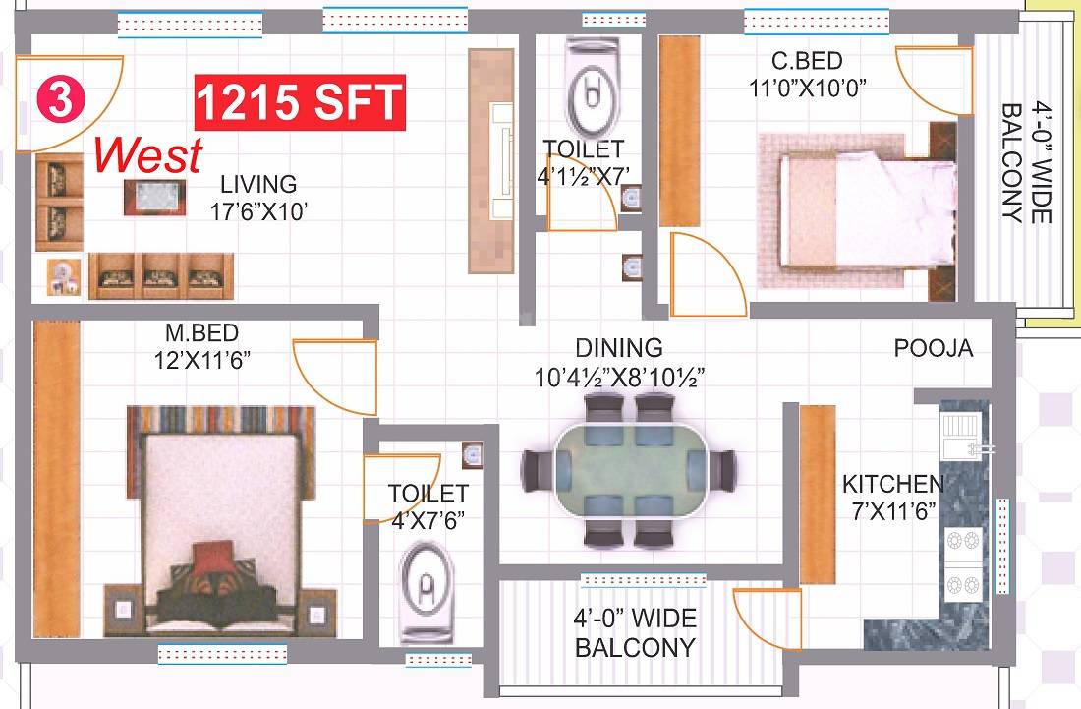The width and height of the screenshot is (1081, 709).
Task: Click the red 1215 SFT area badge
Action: pyautogui.click(x=301, y=101)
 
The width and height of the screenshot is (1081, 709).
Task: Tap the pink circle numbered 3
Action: pyautogui.click(x=61, y=101)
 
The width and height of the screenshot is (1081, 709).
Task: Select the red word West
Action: pyautogui.click(x=149, y=154)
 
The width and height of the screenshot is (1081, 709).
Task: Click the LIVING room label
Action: pyautogui.click(x=257, y=184)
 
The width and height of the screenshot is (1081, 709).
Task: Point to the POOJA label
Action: pyautogui.click(x=933, y=348)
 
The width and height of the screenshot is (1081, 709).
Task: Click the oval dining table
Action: pyautogui.click(x=629, y=468)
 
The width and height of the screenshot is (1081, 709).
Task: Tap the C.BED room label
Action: pyautogui.click(x=807, y=61)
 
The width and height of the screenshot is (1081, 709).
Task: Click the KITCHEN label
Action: pyautogui.click(x=892, y=484)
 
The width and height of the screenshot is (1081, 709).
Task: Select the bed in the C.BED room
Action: pyautogui.click(x=855, y=211)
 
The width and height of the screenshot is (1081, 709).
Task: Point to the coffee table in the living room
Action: pyautogui.click(x=149, y=198)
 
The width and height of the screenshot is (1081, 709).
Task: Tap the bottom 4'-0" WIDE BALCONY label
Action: pyautogui.click(x=635, y=632)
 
